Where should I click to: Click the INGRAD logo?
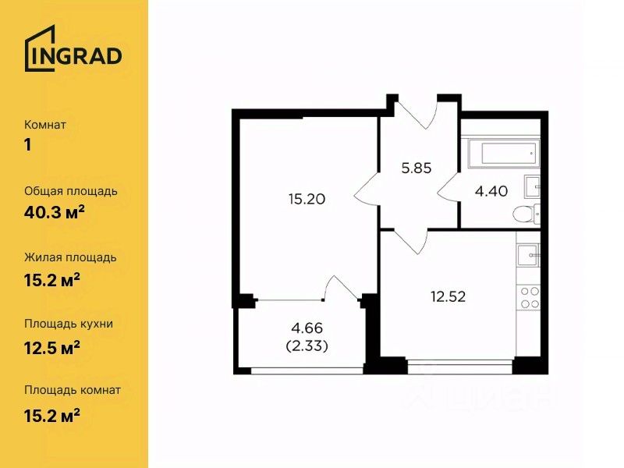[73, 48]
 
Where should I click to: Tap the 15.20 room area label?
[307, 199]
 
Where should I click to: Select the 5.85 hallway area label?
[417, 168]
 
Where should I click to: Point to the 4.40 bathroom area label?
[491, 191]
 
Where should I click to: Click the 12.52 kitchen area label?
[448, 296]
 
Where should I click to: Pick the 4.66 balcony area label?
[307, 328]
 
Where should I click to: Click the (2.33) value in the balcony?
[307, 346]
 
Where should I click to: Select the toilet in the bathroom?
[526, 214]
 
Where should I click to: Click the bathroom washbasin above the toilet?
[532, 186]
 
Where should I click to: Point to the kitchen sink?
[529, 255]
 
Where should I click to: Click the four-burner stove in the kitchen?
[529, 298]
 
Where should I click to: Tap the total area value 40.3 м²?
[55, 213]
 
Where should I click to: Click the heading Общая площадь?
[71, 191]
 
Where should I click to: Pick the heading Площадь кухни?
[69, 324]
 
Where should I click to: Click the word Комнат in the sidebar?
[45, 125]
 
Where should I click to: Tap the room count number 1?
[28, 145]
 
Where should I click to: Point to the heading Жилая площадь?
[70, 258]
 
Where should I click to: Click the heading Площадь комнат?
[73, 390]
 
